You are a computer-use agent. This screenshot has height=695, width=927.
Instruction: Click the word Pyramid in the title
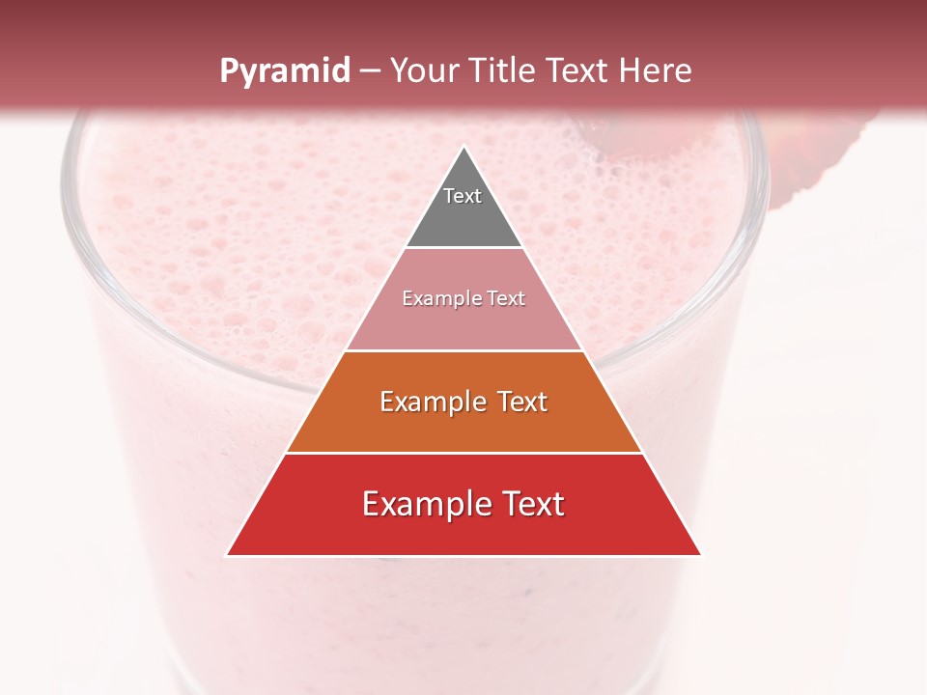pos(284,71)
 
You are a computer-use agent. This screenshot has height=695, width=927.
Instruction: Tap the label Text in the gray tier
pos(463,196)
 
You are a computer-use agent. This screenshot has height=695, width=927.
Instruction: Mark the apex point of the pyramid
pos(463,148)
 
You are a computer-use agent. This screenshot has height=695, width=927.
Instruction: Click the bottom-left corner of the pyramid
pos(228,555)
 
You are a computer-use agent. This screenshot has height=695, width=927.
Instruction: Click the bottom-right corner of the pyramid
pos(700,555)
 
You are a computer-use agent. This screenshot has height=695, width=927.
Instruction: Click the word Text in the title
pos(582,71)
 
